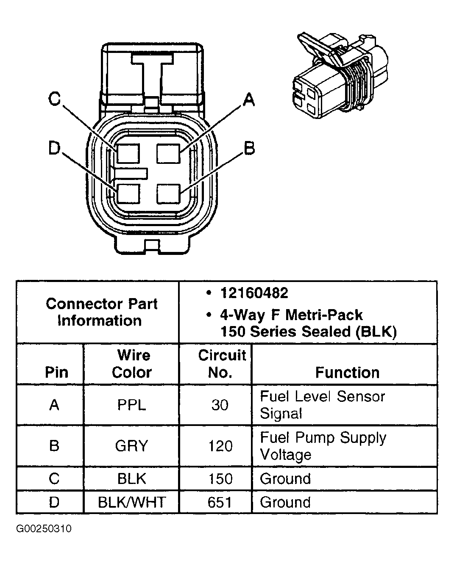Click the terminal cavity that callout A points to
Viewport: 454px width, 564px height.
(168, 153)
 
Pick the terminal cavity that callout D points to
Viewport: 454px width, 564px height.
(128, 194)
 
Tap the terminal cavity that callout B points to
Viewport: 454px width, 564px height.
(168, 194)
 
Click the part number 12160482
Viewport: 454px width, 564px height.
(254, 293)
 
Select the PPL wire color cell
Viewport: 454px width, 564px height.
(131, 405)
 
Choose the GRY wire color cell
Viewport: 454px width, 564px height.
(131, 446)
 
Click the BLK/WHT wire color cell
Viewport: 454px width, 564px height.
(131, 502)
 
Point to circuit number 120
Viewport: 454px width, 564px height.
(220, 446)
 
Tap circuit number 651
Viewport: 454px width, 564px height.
(220, 502)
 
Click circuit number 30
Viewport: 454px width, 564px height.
(220, 405)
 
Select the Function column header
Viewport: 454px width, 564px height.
(347, 372)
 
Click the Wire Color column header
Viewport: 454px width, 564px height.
(132, 364)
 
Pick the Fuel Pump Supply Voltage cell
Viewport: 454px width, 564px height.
(323, 446)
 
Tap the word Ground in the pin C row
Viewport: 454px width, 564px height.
(285, 478)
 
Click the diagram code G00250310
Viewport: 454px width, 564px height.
(44, 529)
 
